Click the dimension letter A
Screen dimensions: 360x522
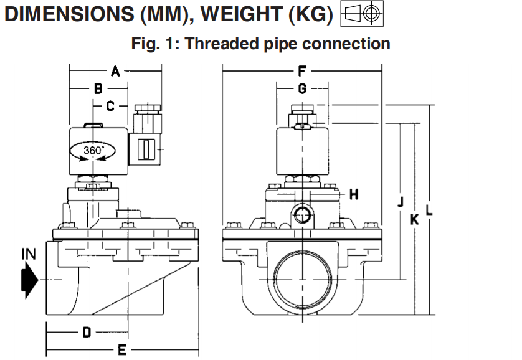pyautogui.click(x=115, y=72)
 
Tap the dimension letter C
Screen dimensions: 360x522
pyautogui.click(x=110, y=107)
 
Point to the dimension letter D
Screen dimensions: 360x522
pyautogui.click(x=87, y=332)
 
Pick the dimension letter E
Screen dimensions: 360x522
pyautogui.click(x=122, y=349)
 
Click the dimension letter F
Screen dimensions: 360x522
pyautogui.click(x=302, y=72)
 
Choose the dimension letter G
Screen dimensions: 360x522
pyautogui.click(x=302, y=89)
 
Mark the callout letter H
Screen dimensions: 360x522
pyautogui.click(x=354, y=195)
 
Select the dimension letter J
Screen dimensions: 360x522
pyautogui.click(x=401, y=201)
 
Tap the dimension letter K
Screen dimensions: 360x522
pyautogui.click(x=414, y=219)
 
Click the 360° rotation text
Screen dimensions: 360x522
pyautogui.click(x=93, y=150)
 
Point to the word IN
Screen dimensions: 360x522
pyautogui.click(x=29, y=253)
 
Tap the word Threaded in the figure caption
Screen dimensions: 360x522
pyautogui.click(x=221, y=44)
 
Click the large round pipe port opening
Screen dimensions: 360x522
pyautogui.click(x=302, y=277)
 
